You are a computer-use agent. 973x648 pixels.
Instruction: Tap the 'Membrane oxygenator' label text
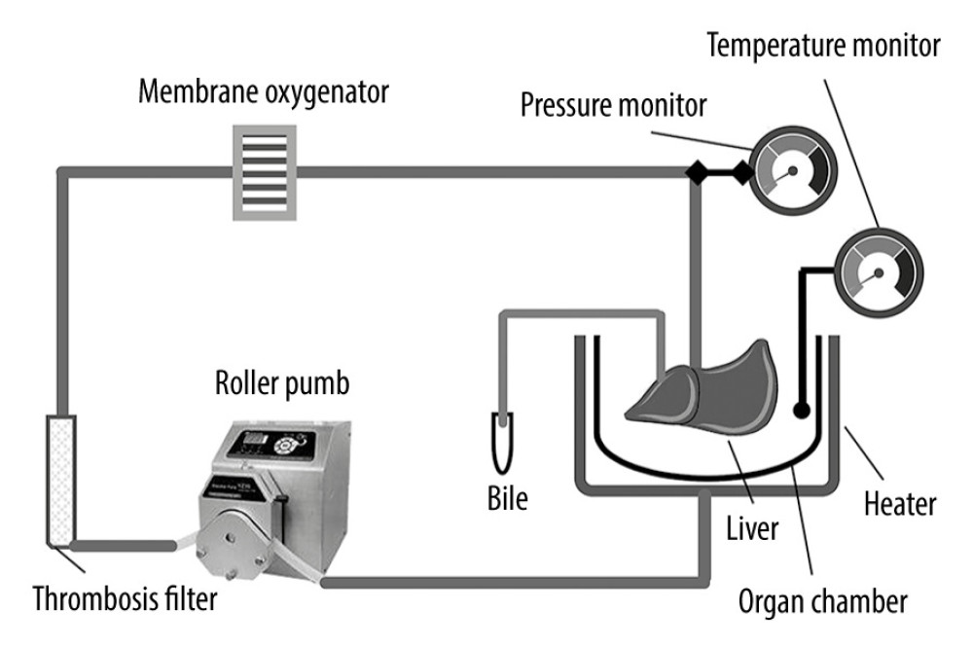pyautogui.click(x=265, y=94)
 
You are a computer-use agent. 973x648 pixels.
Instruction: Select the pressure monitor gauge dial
pyautogui.click(x=790, y=169)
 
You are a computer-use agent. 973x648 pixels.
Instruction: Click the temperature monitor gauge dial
pyautogui.click(x=876, y=270)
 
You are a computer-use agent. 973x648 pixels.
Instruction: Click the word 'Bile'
pyautogui.click(x=507, y=499)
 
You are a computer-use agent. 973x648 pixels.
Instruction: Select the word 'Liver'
pyautogui.click(x=751, y=529)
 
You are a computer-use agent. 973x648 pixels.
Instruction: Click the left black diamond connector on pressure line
pyautogui.click(x=696, y=173)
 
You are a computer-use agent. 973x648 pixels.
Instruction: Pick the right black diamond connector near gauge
pyautogui.click(x=742, y=173)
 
